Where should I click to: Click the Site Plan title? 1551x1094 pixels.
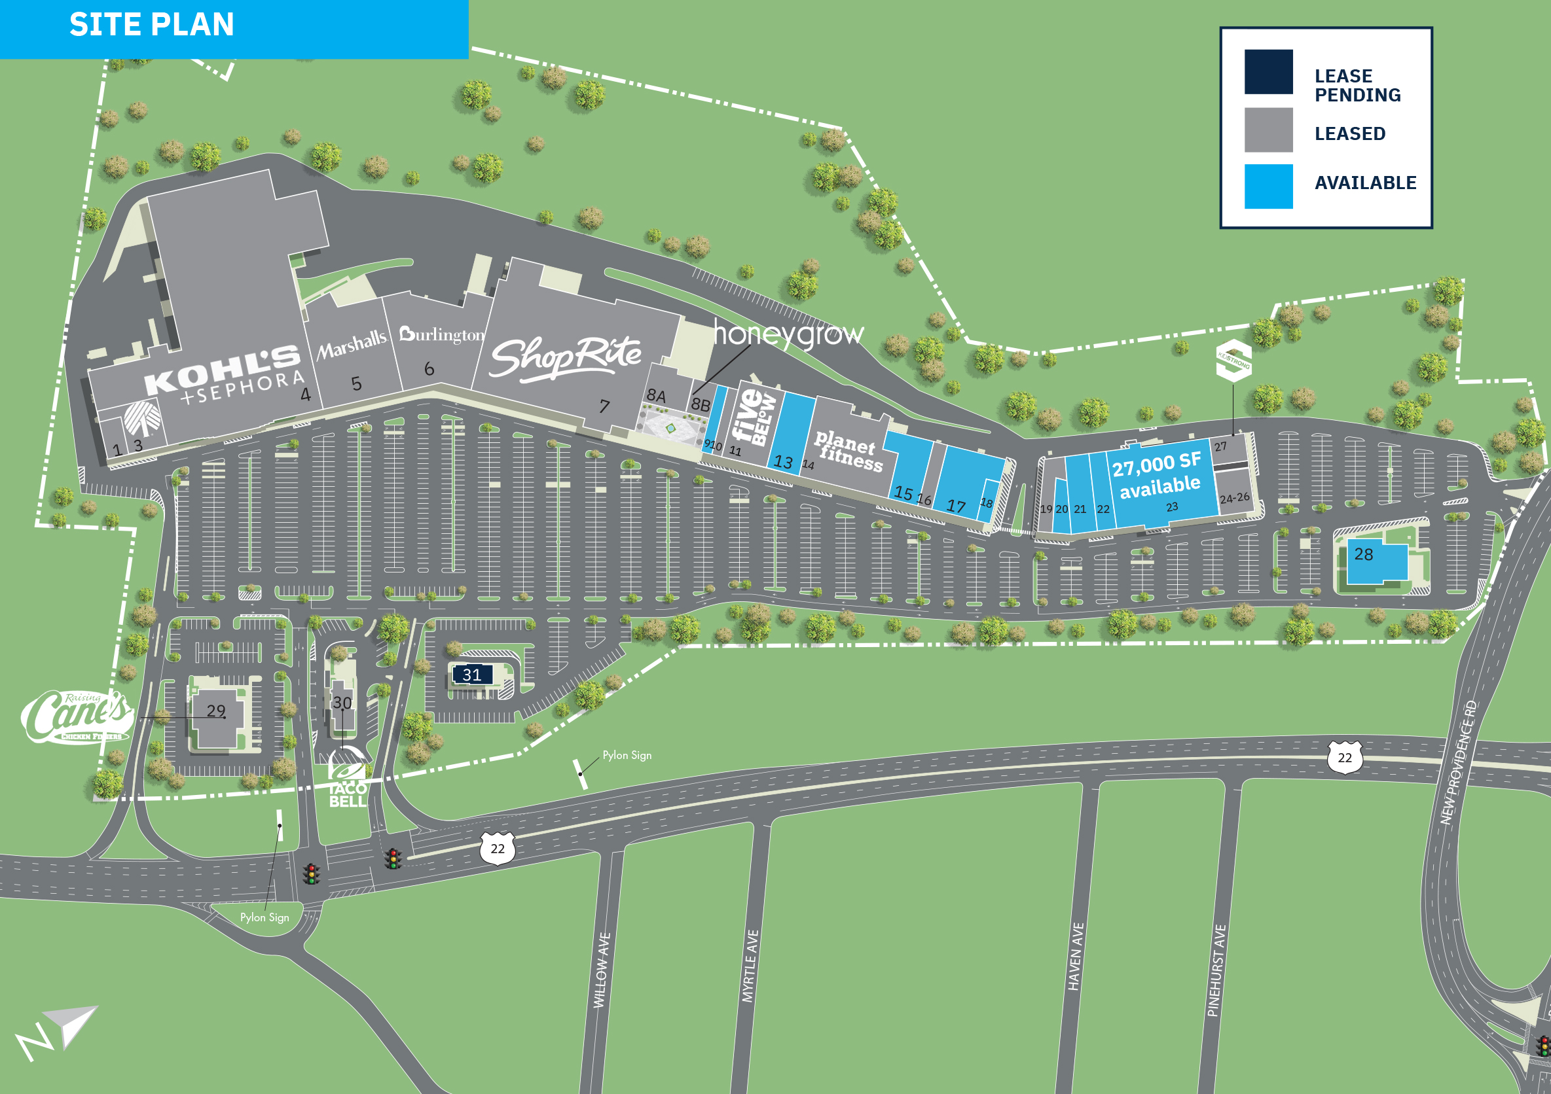tap(151, 25)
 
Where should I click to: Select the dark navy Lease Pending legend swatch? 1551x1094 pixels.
tap(1268, 71)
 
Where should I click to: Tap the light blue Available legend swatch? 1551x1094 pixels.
tap(1268, 186)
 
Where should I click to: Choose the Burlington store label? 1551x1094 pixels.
tap(442, 334)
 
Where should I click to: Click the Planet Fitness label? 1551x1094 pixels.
tap(848, 451)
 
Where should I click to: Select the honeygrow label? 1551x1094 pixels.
tap(788, 334)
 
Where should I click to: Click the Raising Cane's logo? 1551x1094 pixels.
tap(78, 716)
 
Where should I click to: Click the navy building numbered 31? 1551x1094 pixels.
tap(472, 675)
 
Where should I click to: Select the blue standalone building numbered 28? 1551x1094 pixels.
tap(1376, 561)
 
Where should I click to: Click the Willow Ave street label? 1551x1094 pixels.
tap(602, 970)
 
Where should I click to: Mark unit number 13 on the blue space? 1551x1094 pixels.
tap(783, 462)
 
